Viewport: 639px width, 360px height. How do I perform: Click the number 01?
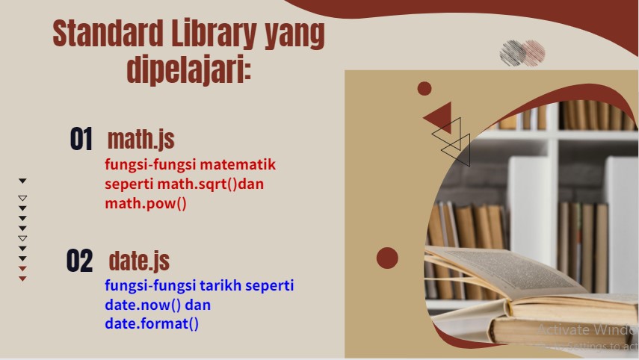click(81, 140)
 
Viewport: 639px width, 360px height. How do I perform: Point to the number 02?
click(79, 261)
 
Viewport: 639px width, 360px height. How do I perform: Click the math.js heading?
click(141, 139)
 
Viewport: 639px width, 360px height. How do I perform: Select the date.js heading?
click(139, 261)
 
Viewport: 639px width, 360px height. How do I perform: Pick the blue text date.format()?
click(152, 323)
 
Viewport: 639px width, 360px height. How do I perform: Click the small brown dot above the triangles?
click(425, 89)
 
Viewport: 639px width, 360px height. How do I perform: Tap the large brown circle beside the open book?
click(387, 258)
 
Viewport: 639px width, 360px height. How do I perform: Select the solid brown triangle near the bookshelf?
click(439, 118)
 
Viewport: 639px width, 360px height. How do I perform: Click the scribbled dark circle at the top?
click(512, 52)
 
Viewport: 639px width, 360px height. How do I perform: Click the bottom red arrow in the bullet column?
click(22, 279)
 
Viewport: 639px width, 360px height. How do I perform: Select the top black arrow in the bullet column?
click(22, 181)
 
